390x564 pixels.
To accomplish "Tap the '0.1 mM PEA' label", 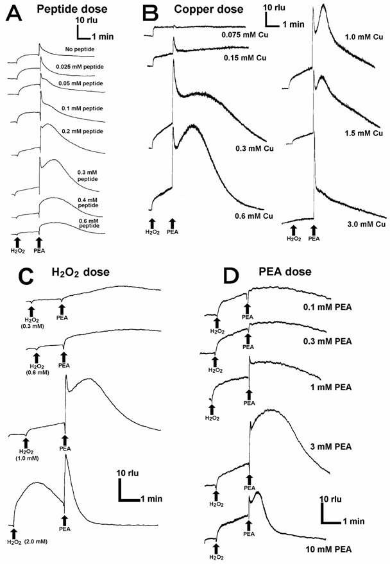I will (x=328, y=307).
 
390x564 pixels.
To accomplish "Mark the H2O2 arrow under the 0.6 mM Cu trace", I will (x=152, y=224).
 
